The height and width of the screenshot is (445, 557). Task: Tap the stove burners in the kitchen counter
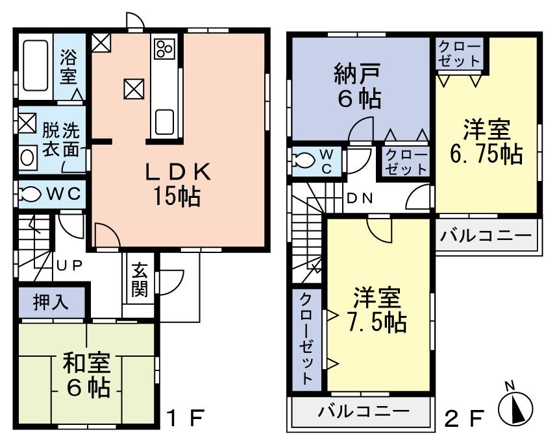click(163, 48)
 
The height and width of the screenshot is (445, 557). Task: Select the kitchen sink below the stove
click(164, 120)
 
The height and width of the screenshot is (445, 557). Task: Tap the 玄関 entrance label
click(139, 280)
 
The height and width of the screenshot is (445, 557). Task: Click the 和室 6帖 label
click(86, 374)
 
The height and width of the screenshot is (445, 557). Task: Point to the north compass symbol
click(515, 407)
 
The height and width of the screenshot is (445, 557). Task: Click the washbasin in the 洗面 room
click(28, 158)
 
